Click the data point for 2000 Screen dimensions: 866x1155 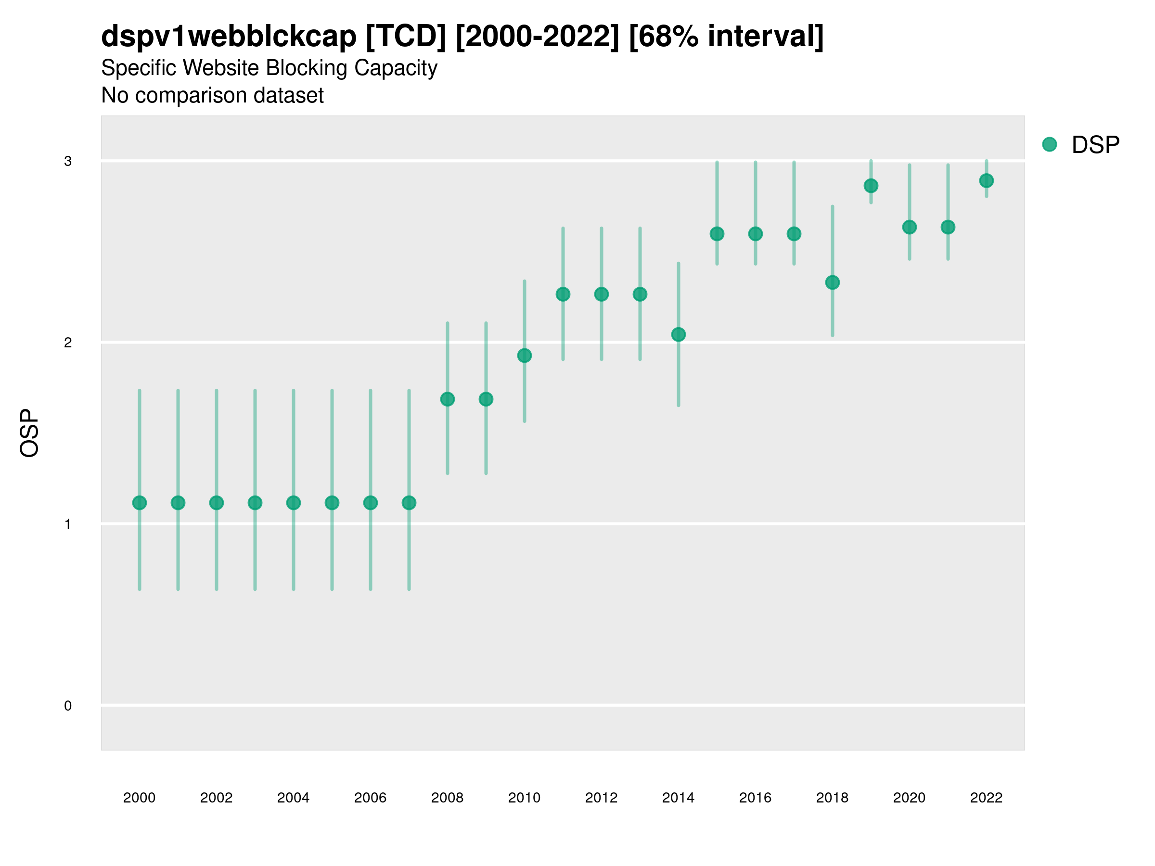point(140,503)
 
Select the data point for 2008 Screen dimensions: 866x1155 point(448,399)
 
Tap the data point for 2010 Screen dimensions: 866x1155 point(524,356)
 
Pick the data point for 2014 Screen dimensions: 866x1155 point(678,334)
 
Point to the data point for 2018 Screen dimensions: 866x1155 point(832,282)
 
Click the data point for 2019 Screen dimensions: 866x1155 point(871,185)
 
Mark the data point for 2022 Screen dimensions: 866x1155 point(987,180)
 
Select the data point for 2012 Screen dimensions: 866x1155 point(602,294)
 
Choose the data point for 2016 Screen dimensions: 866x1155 point(756,234)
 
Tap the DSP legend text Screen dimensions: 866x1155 point(1095,145)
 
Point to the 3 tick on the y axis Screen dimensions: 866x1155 point(68,161)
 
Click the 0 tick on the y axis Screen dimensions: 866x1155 point(68,706)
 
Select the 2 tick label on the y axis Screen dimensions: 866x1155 point(68,343)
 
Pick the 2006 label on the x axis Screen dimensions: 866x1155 point(370,798)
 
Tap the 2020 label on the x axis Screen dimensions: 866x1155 point(909,798)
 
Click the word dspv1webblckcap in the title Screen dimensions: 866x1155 point(229,37)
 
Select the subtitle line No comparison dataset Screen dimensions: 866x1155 point(213,96)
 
